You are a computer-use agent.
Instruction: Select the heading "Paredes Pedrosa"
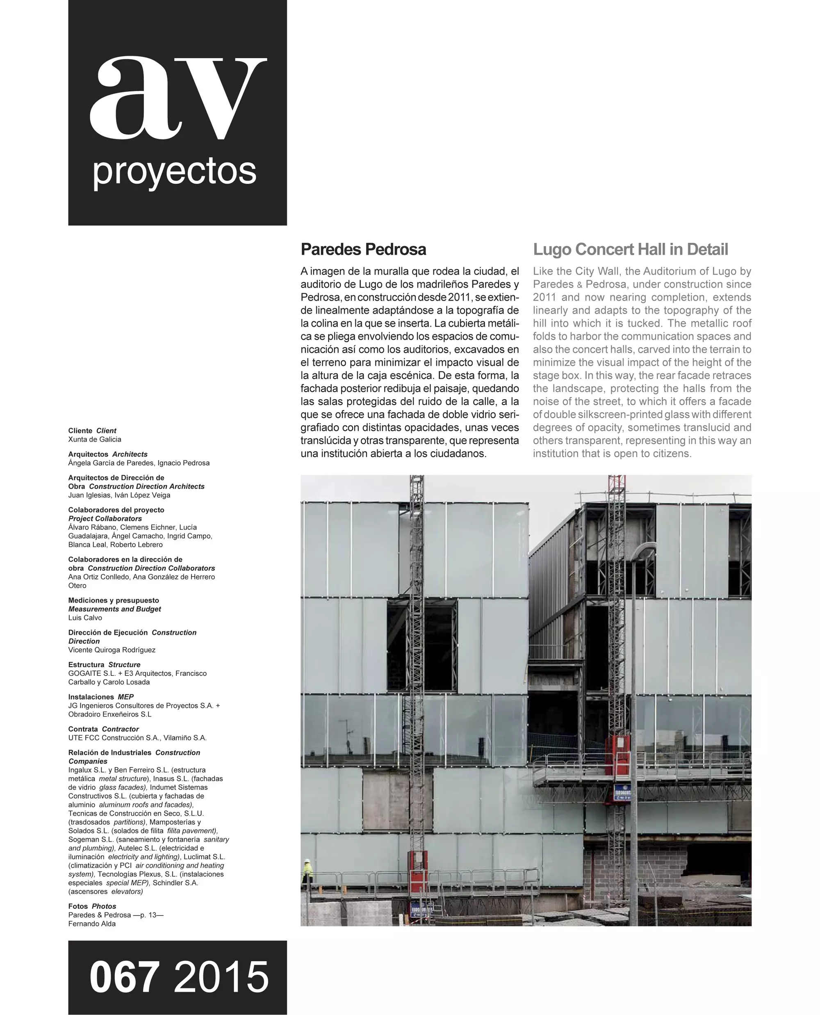pos(363,249)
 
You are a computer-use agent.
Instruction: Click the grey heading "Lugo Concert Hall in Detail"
pos(630,249)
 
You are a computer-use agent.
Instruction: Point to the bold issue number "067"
pos(124,977)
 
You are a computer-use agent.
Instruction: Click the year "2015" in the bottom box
pos(221,977)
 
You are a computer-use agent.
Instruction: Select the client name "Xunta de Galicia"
pos(94,440)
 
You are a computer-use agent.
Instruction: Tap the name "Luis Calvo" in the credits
pos(85,618)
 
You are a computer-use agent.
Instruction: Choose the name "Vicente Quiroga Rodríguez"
pos(112,650)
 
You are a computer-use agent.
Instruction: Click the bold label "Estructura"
pos(86,664)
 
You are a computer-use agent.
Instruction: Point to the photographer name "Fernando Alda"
pos(92,924)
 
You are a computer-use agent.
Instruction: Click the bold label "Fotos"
pos(78,906)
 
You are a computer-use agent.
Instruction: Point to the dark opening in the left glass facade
pos(421,645)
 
